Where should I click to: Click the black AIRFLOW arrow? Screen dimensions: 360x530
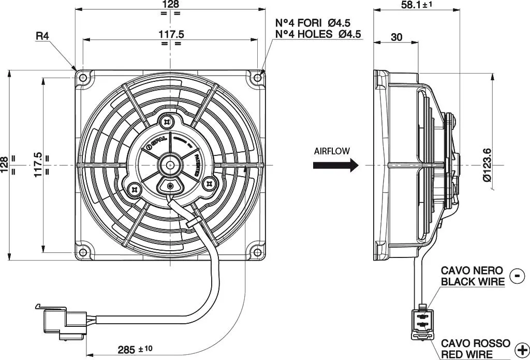(x=335, y=165)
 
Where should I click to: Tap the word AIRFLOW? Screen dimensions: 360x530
(x=332, y=151)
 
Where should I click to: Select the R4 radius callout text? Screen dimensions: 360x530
(x=42, y=36)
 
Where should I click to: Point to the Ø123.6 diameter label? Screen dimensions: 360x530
(x=487, y=164)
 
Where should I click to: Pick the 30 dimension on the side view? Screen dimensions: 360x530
(x=397, y=37)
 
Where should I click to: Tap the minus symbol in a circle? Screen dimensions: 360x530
(x=517, y=276)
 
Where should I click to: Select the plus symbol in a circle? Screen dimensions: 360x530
(x=522, y=349)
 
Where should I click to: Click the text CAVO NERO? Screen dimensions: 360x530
(x=472, y=270)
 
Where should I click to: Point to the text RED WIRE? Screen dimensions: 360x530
(x=467, y=354)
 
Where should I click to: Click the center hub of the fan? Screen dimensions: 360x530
(x=170, y=165)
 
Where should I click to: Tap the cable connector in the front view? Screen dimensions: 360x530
(x=56, y=321)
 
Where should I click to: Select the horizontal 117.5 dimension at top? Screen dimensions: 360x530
(x=170, y=34)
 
